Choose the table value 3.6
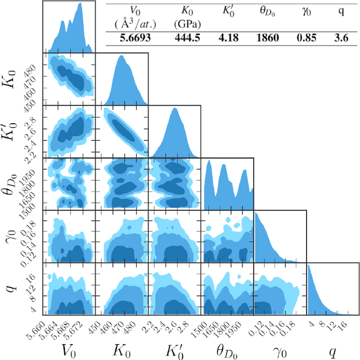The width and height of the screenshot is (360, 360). [341, 39]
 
